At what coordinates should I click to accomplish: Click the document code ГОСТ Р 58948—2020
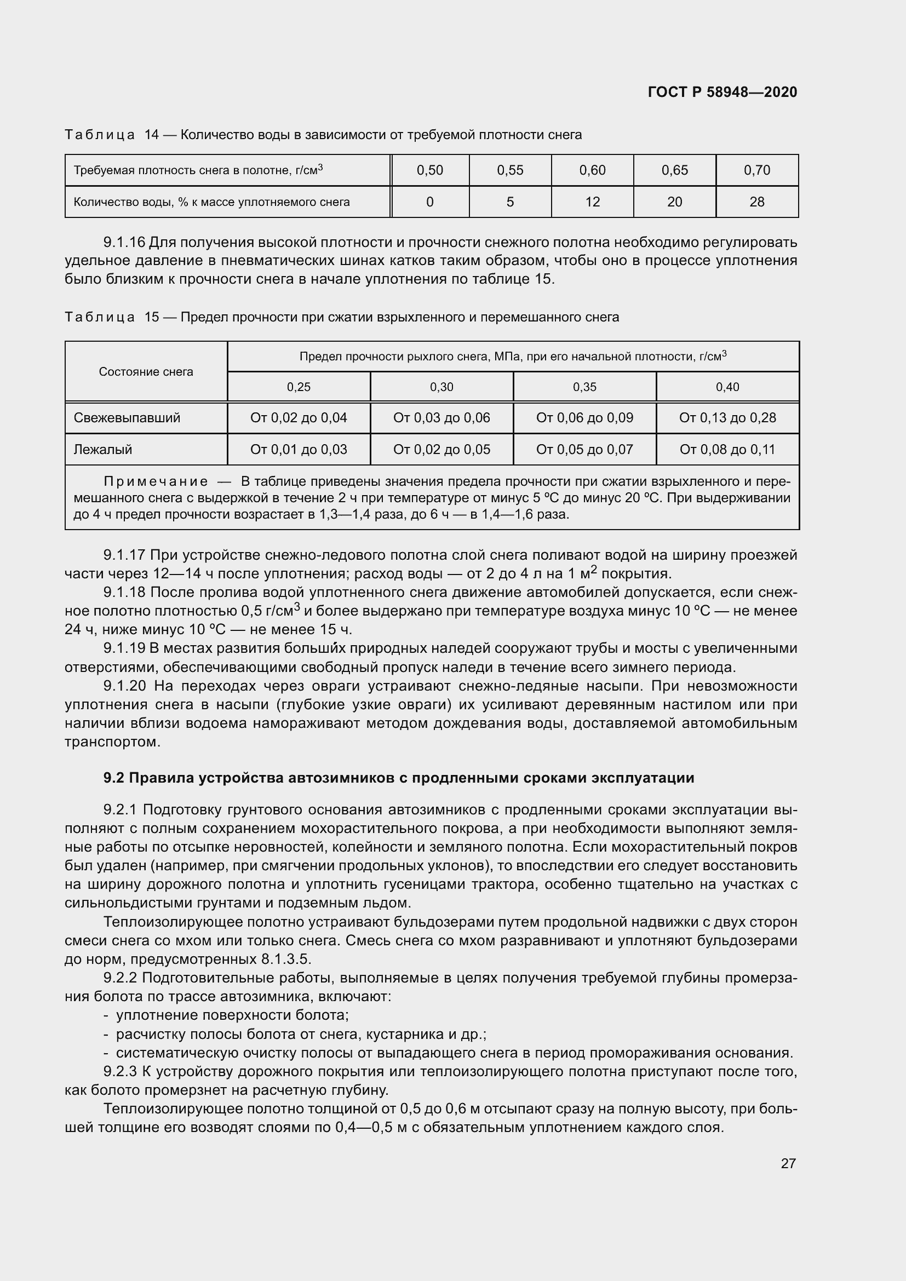[722, 92]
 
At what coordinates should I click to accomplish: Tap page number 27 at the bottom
[788, 1163]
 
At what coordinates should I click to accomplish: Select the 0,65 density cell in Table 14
[674, 170]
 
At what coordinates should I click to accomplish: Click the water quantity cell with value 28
[756, 202]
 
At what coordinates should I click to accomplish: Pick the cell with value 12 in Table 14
[592, 202]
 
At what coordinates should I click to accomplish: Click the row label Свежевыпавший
[127, 418]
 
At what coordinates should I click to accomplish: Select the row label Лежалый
[102, 450]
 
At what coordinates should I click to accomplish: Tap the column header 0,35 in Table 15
[584, 387]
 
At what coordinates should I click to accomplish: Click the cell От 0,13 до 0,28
[727, 418]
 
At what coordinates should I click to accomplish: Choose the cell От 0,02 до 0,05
[441, 450]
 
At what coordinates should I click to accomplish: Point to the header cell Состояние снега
[146, 372]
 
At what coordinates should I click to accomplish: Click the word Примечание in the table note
[156, 481]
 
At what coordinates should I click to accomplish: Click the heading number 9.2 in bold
[113, 778]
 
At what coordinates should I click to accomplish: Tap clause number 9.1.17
[124, 555]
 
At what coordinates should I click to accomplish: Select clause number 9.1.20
[124, 686]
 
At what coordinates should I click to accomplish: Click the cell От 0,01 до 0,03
[299, 450]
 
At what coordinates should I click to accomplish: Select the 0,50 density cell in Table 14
[429, 170]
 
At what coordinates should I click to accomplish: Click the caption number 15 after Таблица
[152, 318]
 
